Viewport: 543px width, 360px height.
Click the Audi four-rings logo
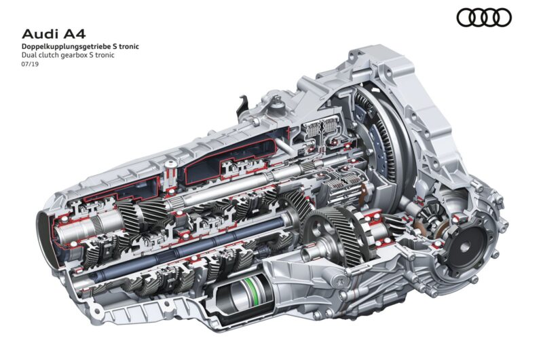click(x=484, y=18)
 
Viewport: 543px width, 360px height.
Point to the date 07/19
click(x=30, y=64)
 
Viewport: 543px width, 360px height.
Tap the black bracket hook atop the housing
click(x=243, y=107)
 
